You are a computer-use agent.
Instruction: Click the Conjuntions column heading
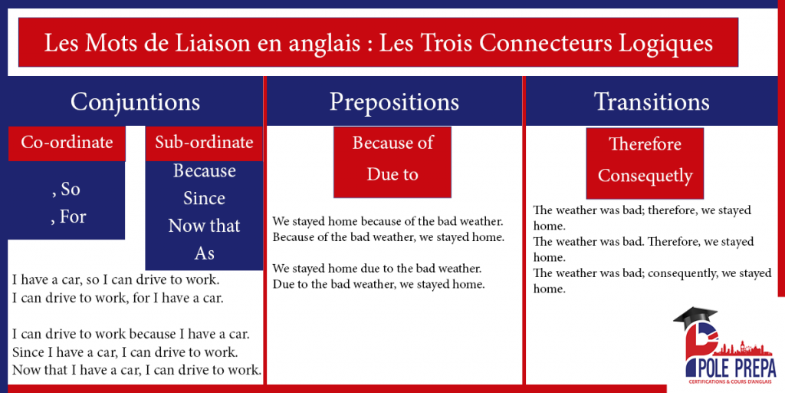[135, 102]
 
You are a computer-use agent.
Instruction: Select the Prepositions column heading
[394, 102]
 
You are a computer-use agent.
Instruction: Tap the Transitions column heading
[652, 102]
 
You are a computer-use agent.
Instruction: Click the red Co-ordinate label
[67, 142]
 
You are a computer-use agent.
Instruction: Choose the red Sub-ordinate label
[204, 142]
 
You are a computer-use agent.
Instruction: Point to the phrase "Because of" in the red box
[392, 143]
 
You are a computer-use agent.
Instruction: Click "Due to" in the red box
[392, 174]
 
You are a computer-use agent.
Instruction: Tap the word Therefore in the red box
[645, 144]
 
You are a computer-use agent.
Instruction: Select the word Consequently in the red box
[645, 176]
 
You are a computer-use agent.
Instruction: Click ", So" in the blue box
[65, 189]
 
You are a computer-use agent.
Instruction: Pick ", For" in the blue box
[68, 216]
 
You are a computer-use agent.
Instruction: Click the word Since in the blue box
[204, 198]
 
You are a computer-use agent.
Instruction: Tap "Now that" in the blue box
[204, 226]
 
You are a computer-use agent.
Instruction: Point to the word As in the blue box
[204, 253]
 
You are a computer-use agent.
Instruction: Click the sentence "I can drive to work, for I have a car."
[118, 297]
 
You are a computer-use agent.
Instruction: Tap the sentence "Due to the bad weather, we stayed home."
[379, 284]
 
